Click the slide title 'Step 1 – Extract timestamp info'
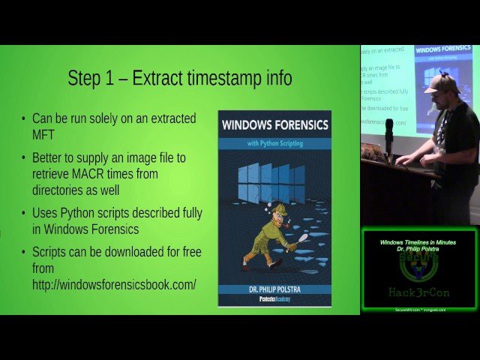179,78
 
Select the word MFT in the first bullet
44,135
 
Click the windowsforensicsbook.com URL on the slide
114,284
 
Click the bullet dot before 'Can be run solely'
23,119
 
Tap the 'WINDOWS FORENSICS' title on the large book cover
274,124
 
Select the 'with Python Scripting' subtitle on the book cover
274,142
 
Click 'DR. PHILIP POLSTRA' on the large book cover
274,287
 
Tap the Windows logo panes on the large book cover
271,183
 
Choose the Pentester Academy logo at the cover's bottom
274,299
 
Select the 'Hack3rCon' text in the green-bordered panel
418,292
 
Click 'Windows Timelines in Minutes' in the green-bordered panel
418,242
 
